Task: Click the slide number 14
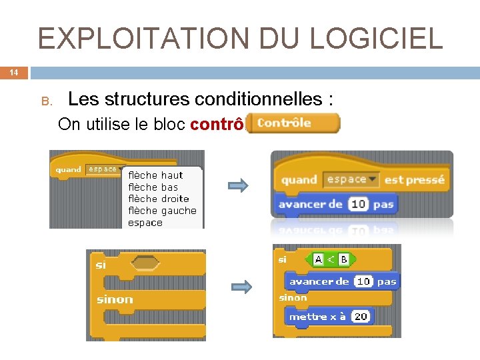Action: coord(14,73)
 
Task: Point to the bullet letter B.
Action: coord(46,101)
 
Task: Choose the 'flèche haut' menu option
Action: coord(155,175)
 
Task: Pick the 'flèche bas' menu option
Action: coord(153,187)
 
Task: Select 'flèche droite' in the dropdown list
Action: coord(159,199)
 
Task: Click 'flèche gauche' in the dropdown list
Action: coord(162,211)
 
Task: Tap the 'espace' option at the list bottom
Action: coord(145,223)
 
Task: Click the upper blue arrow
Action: coord(239,185)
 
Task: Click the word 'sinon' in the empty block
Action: coord(115,299)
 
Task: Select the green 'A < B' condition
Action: coord(331,259)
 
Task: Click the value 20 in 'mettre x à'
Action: coord(361,317)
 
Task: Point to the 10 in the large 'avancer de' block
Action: coord(358,204)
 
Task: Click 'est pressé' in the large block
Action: coord(415,179)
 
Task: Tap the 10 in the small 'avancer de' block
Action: coord(363,281)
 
